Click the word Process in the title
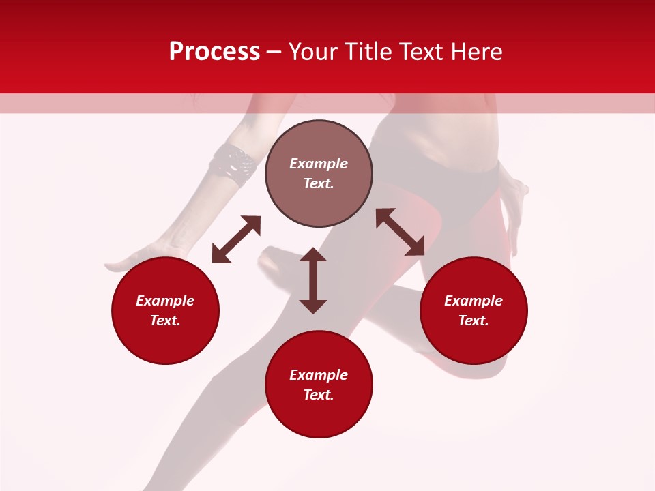click(214, 52)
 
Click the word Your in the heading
click(312, 52)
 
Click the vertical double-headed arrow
click(313, 281)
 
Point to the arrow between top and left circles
click(236, 239)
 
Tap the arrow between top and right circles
click(400, 232)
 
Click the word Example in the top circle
click(319, 164)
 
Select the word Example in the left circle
click(165, 301)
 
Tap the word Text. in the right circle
click(474, 321)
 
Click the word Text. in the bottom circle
click(319, 395)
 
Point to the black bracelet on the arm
click(233, 165)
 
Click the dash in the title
click(274, 52)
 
